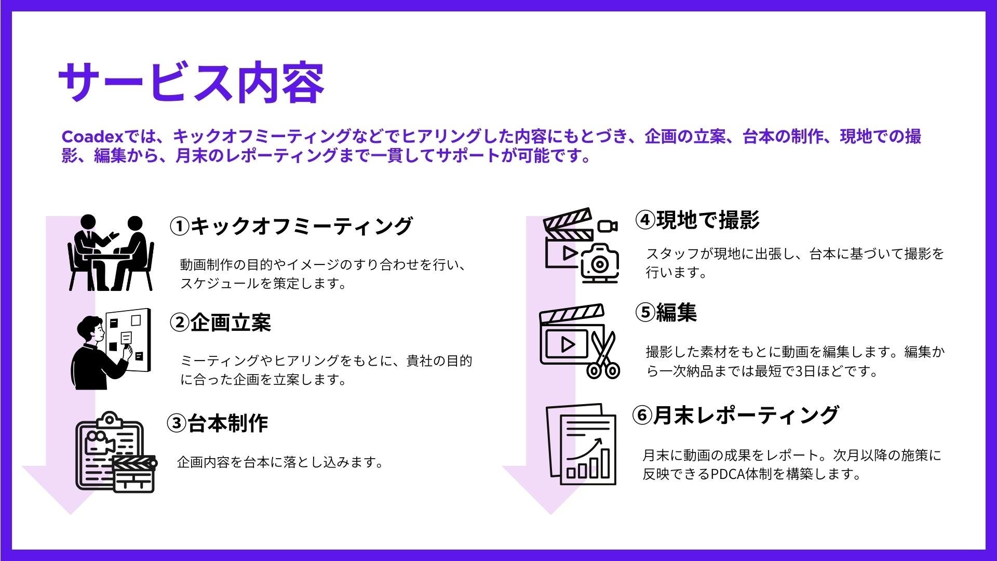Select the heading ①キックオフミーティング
point(291,226)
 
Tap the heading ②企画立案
point(220,323)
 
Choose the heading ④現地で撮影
point(697,220)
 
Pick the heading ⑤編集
point(666,312)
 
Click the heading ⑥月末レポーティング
point(735,415)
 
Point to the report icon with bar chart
point(582,444)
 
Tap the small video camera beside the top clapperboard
point(607,226)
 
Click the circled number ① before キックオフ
point(179,226)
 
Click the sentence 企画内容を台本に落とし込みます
point(280,462)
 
